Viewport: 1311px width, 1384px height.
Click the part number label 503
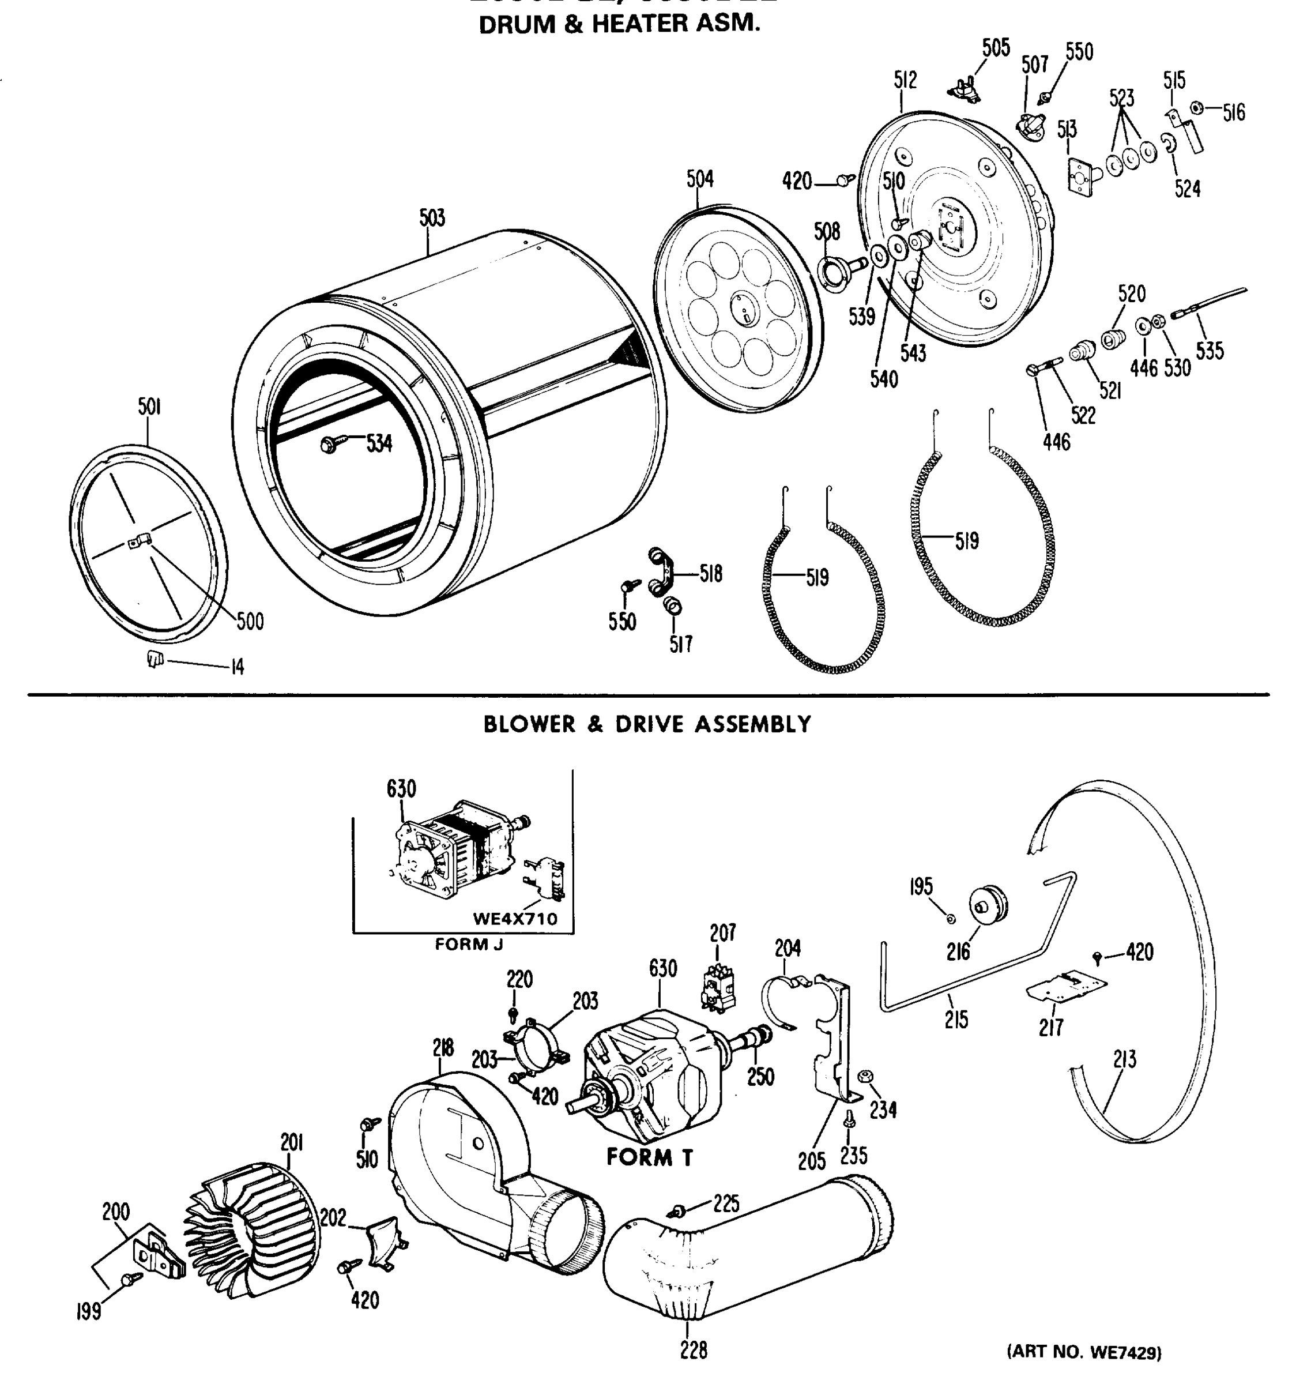pyautogui.click(x=432, y=218)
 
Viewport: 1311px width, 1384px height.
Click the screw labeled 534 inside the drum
pyautogui.click(x=330, y=443)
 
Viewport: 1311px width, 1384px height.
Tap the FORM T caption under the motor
pyautogui.click(x=649, y=1157)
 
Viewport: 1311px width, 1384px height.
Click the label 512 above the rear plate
pyautogui.click(x=905, y=80)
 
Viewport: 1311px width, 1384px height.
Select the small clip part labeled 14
pyautogui.click(x=155, y=659)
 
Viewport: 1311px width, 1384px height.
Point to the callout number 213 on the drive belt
pyautogui.click(x=1124, y=1060)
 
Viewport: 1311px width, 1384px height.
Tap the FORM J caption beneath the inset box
pyautogui.click(x=469, y=945)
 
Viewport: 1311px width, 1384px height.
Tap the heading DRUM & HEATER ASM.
pyautogui.click(x=619, y=24)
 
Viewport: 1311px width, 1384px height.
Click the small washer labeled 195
pyautogui.click(x=951, y=919)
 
